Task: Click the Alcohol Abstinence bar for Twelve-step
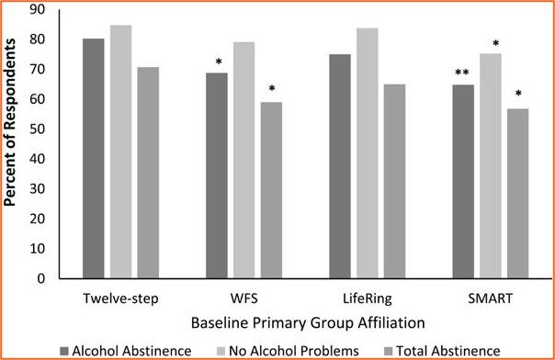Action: pos(93,158)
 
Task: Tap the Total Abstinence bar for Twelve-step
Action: pos(147,172)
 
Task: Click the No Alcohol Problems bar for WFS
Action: pos(244,160)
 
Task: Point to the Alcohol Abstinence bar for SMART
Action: pos(462,181)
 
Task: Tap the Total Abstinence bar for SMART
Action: pos(517,193)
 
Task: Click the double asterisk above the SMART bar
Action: pos(462,75)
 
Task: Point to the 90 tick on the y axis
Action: pos(40,10)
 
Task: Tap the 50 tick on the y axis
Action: pos(40,129)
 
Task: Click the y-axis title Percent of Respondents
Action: pos(13,144)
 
